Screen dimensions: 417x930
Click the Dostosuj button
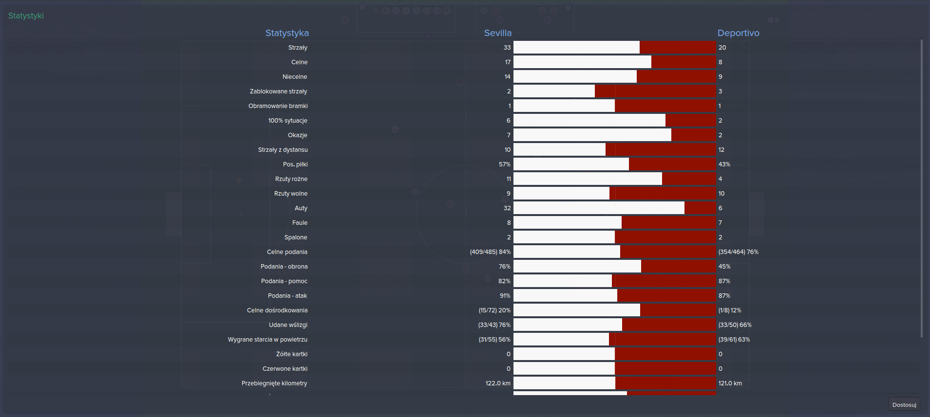[904, 404]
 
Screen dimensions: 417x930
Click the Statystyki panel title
[26, 16]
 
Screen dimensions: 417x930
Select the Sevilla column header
[497, 33]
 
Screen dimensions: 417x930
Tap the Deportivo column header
[738, 33]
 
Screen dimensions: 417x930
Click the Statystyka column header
[287, 33]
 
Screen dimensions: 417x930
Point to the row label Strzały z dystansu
[283, 149]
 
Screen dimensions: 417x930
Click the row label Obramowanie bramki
[278, 106]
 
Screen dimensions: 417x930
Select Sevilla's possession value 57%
[504, 164]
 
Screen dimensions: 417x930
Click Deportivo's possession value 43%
[724, 164]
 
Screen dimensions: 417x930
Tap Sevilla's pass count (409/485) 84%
[490, 252]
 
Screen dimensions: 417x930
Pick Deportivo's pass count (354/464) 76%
[738, 252]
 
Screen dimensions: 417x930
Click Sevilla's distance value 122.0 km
[498, 383]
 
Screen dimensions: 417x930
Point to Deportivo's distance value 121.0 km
[730, 383]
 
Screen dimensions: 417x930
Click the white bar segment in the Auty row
[599, 208]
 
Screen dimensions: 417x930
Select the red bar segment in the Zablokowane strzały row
[655, 91]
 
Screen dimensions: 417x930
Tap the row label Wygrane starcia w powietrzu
[267, 339]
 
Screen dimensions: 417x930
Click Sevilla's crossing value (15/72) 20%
[494, 310]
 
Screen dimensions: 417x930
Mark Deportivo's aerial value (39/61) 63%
[734, 339]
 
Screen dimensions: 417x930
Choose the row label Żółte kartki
[291, 354]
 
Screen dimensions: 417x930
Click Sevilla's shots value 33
[507, 47]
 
